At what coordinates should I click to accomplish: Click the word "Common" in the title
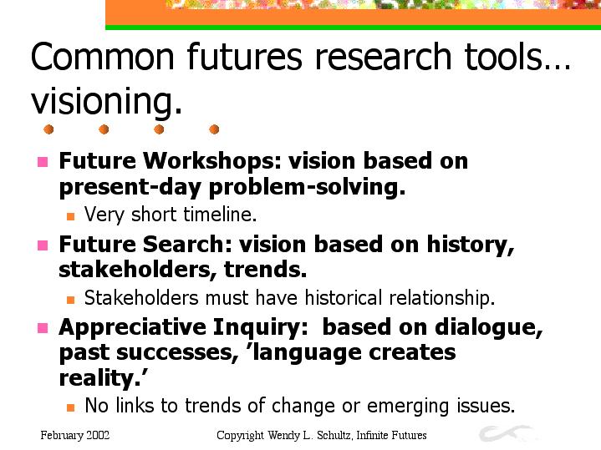[x=102, y=57]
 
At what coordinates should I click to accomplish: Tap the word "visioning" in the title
[x=103, y=101]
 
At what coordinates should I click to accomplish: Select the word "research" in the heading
[x=383, y=57]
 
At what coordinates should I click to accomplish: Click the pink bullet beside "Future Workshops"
[x=43, y=162]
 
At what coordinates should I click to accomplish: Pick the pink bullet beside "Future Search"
[x=43, y=245]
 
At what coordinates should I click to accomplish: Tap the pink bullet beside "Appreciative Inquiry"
[x=43, y=328]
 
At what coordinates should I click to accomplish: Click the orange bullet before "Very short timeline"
[x=70, y=216]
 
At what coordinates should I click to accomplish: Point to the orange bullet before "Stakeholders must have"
[x=70, y=300]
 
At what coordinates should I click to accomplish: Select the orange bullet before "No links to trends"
[x=70, y=407]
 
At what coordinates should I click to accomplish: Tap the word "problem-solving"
[x=307, y=188]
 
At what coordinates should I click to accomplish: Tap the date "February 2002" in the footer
[x=74, y=436]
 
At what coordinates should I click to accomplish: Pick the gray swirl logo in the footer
[x=505, y=433]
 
